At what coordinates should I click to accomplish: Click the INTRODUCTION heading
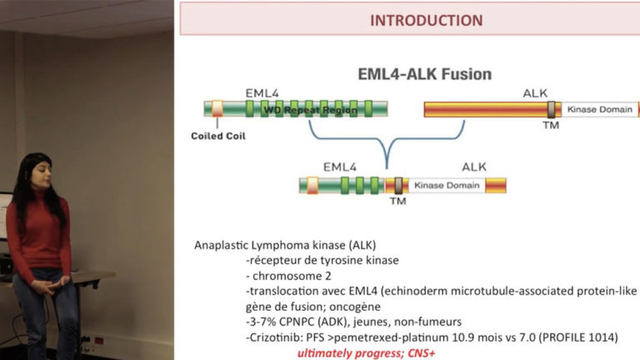(x=426, y=20)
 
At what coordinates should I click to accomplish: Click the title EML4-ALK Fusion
(x=424, y=74)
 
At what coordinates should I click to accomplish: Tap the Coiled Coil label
(x=218, y=136)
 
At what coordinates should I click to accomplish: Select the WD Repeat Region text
(x=310, y=110)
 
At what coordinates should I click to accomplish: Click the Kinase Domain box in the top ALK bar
(x=600, y=109)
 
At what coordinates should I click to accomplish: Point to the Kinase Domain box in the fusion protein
(x=447, y=185)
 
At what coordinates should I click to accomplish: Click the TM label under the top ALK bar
(x=551, y=125)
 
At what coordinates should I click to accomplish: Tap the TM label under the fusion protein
(x=397, y=201)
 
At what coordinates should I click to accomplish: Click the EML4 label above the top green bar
(x=262, y=93)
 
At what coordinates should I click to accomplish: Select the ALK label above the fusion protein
(x=474, y=167)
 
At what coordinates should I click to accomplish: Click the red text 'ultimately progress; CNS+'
(x=366, y=353)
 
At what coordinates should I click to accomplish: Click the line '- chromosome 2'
(x=288, y=276)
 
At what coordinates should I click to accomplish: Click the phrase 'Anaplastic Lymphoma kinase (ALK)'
(x=285, y=245)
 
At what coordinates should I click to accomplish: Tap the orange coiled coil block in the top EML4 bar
(x=217, y=108)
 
